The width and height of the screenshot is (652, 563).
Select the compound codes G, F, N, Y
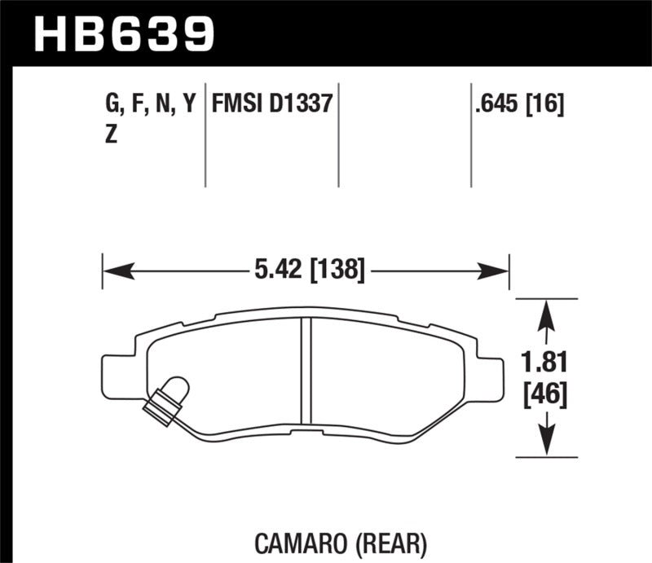pos(151,104)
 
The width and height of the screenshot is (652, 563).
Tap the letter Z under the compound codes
pos(111,136)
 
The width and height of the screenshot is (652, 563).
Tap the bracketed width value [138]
pos(336,269)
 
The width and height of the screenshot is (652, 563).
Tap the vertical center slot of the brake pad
pos(306,371)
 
